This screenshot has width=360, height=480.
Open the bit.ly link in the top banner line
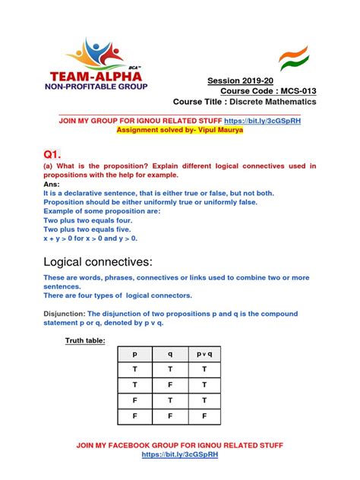coord(267,121)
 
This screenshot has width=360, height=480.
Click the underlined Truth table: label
coord(84,341)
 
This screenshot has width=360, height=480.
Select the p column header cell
coord(137,354)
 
